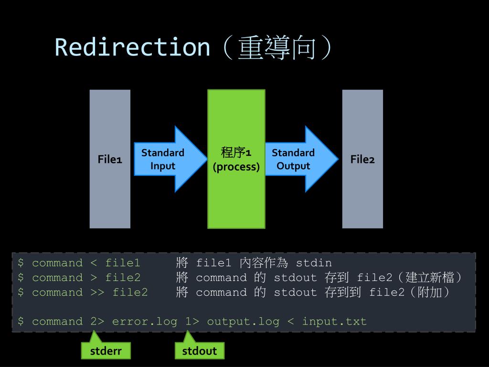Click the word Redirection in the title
coord(133,47)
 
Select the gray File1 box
coord(110,159)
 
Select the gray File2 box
coord(362,159)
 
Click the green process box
coord(236,159)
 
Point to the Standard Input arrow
coord(170,159)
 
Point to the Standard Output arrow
coord(302,159)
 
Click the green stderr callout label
coord(106,351)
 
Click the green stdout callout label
coord(200,351)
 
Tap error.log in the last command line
coord(145,322)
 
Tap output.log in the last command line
coord(243,322)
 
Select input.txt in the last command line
coord(334,322)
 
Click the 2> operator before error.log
coord(97,322)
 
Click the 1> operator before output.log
coord(192,322)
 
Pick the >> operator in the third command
coord(97,292)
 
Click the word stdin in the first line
coord(314,263)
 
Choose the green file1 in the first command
coord(123,263)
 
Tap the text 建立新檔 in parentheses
coord(430,278)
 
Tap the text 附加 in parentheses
coord(430,292)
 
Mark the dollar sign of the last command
coord(21,321)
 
